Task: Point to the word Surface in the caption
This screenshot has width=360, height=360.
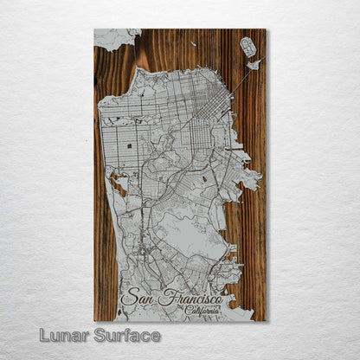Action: [x=129, y=335]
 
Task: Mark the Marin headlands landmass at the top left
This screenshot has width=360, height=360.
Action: [x=117, y=37]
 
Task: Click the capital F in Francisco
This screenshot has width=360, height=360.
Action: [x=164, y=299]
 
